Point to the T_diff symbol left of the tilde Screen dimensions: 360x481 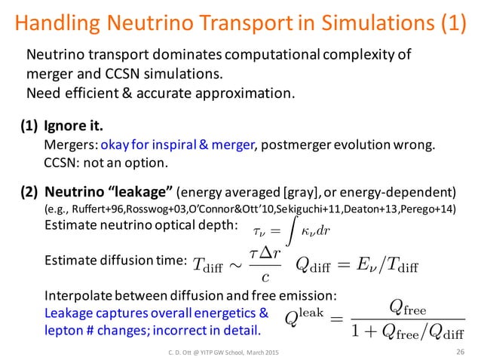pyautogui.click(x=210, y=263)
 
